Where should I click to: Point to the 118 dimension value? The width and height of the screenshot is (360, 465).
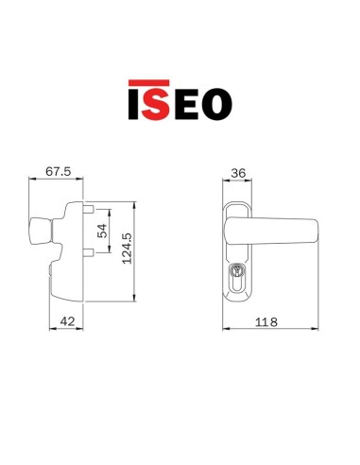tap(270, 322)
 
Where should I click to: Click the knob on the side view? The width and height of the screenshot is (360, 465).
tap(42, 232)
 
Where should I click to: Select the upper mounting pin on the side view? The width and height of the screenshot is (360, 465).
tap(88, 208)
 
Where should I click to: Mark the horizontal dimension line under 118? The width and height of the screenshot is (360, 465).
tap(270, 331)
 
